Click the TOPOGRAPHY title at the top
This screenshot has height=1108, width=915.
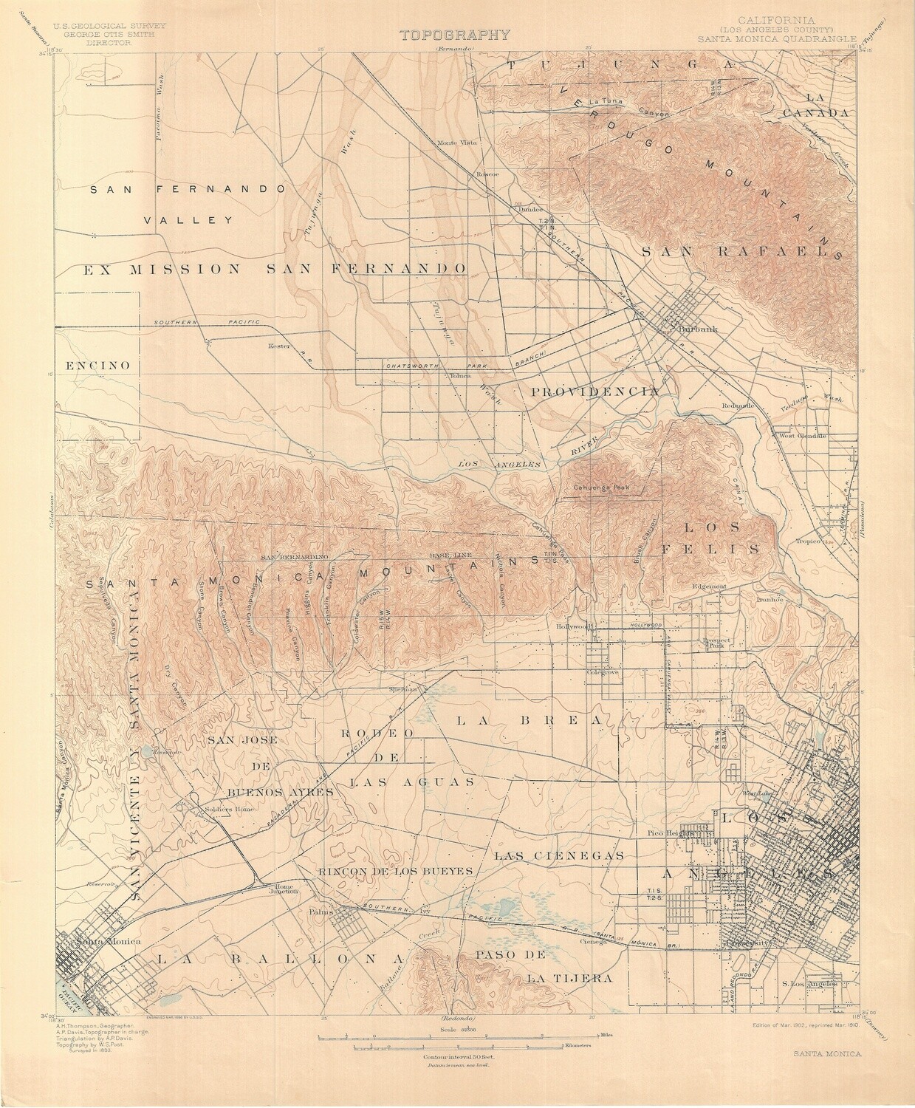click(x=455, y=34)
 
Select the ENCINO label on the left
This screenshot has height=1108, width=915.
click(x=97, y=366)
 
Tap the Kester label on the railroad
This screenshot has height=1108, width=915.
click(x=281, y=346)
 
